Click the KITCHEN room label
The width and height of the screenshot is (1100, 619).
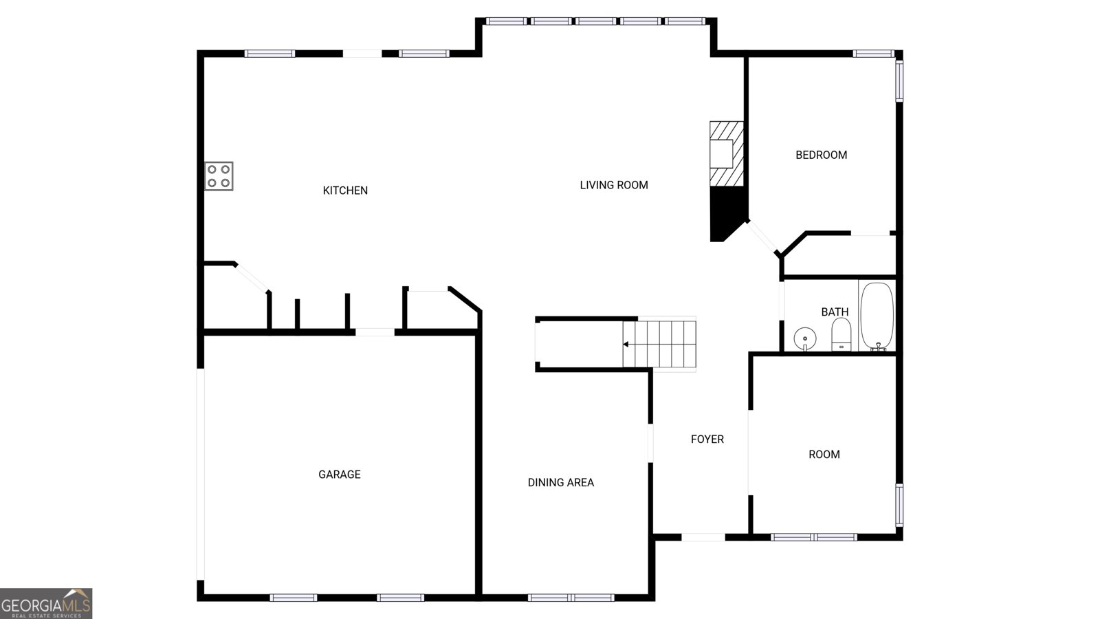[x=345, y=191]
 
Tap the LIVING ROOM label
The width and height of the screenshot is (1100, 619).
[x=614, y=185]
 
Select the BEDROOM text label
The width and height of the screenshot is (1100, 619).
[x=821, y=155]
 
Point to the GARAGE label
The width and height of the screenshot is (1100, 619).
[x=340, y=475]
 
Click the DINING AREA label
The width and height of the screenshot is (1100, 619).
[x=561, y=483]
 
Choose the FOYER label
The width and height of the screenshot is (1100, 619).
[x=707, y=439]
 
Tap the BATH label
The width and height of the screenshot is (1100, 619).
[x=835, y=312]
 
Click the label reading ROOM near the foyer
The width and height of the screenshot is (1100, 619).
[x=824, y=455]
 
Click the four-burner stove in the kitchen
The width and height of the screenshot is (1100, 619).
[x=219, y=176]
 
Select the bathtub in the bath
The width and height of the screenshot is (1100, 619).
[x=877, y=316]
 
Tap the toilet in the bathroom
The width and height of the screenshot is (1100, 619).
[x=841, y=334]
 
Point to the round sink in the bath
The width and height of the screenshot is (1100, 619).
[x=805, y=339]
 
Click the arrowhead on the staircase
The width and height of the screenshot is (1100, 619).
[x=626, y=345]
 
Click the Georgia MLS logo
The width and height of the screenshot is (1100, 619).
[x=46, y=603]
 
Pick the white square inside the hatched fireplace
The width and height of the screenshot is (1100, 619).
[x=721, y=154]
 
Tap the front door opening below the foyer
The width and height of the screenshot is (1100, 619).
[x=703, y=537]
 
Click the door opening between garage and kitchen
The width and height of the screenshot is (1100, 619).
[x=375, y=333]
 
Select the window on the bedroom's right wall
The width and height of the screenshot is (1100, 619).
[x=899, y=80]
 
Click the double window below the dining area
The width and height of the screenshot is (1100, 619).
[x=571, y=598]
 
